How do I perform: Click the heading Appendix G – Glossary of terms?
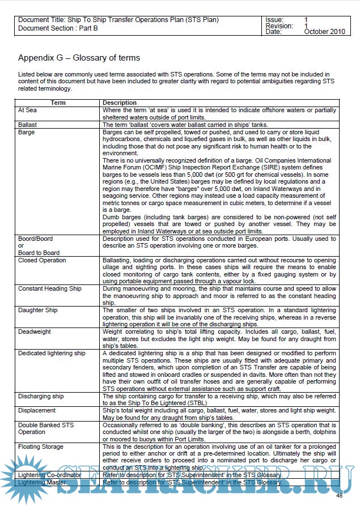[79, 58]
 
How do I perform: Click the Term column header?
[58, 103]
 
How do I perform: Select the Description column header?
[119, 103]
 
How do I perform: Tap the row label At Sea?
[27, 110]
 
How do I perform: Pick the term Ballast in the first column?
[27, 124]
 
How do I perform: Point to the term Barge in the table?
[26, 132]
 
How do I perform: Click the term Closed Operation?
[42, 261]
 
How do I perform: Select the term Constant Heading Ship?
[50, 289]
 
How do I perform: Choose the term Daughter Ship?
[37, 311]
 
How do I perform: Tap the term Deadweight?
[34, 331]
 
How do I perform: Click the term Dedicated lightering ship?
[52, 353]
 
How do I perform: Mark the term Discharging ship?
[41, 396]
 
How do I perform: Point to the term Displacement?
[37, 410]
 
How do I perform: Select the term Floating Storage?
[40, 447]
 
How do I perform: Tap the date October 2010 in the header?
[324, 32]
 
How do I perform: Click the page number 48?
[339, 496]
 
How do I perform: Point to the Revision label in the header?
[279, 26]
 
